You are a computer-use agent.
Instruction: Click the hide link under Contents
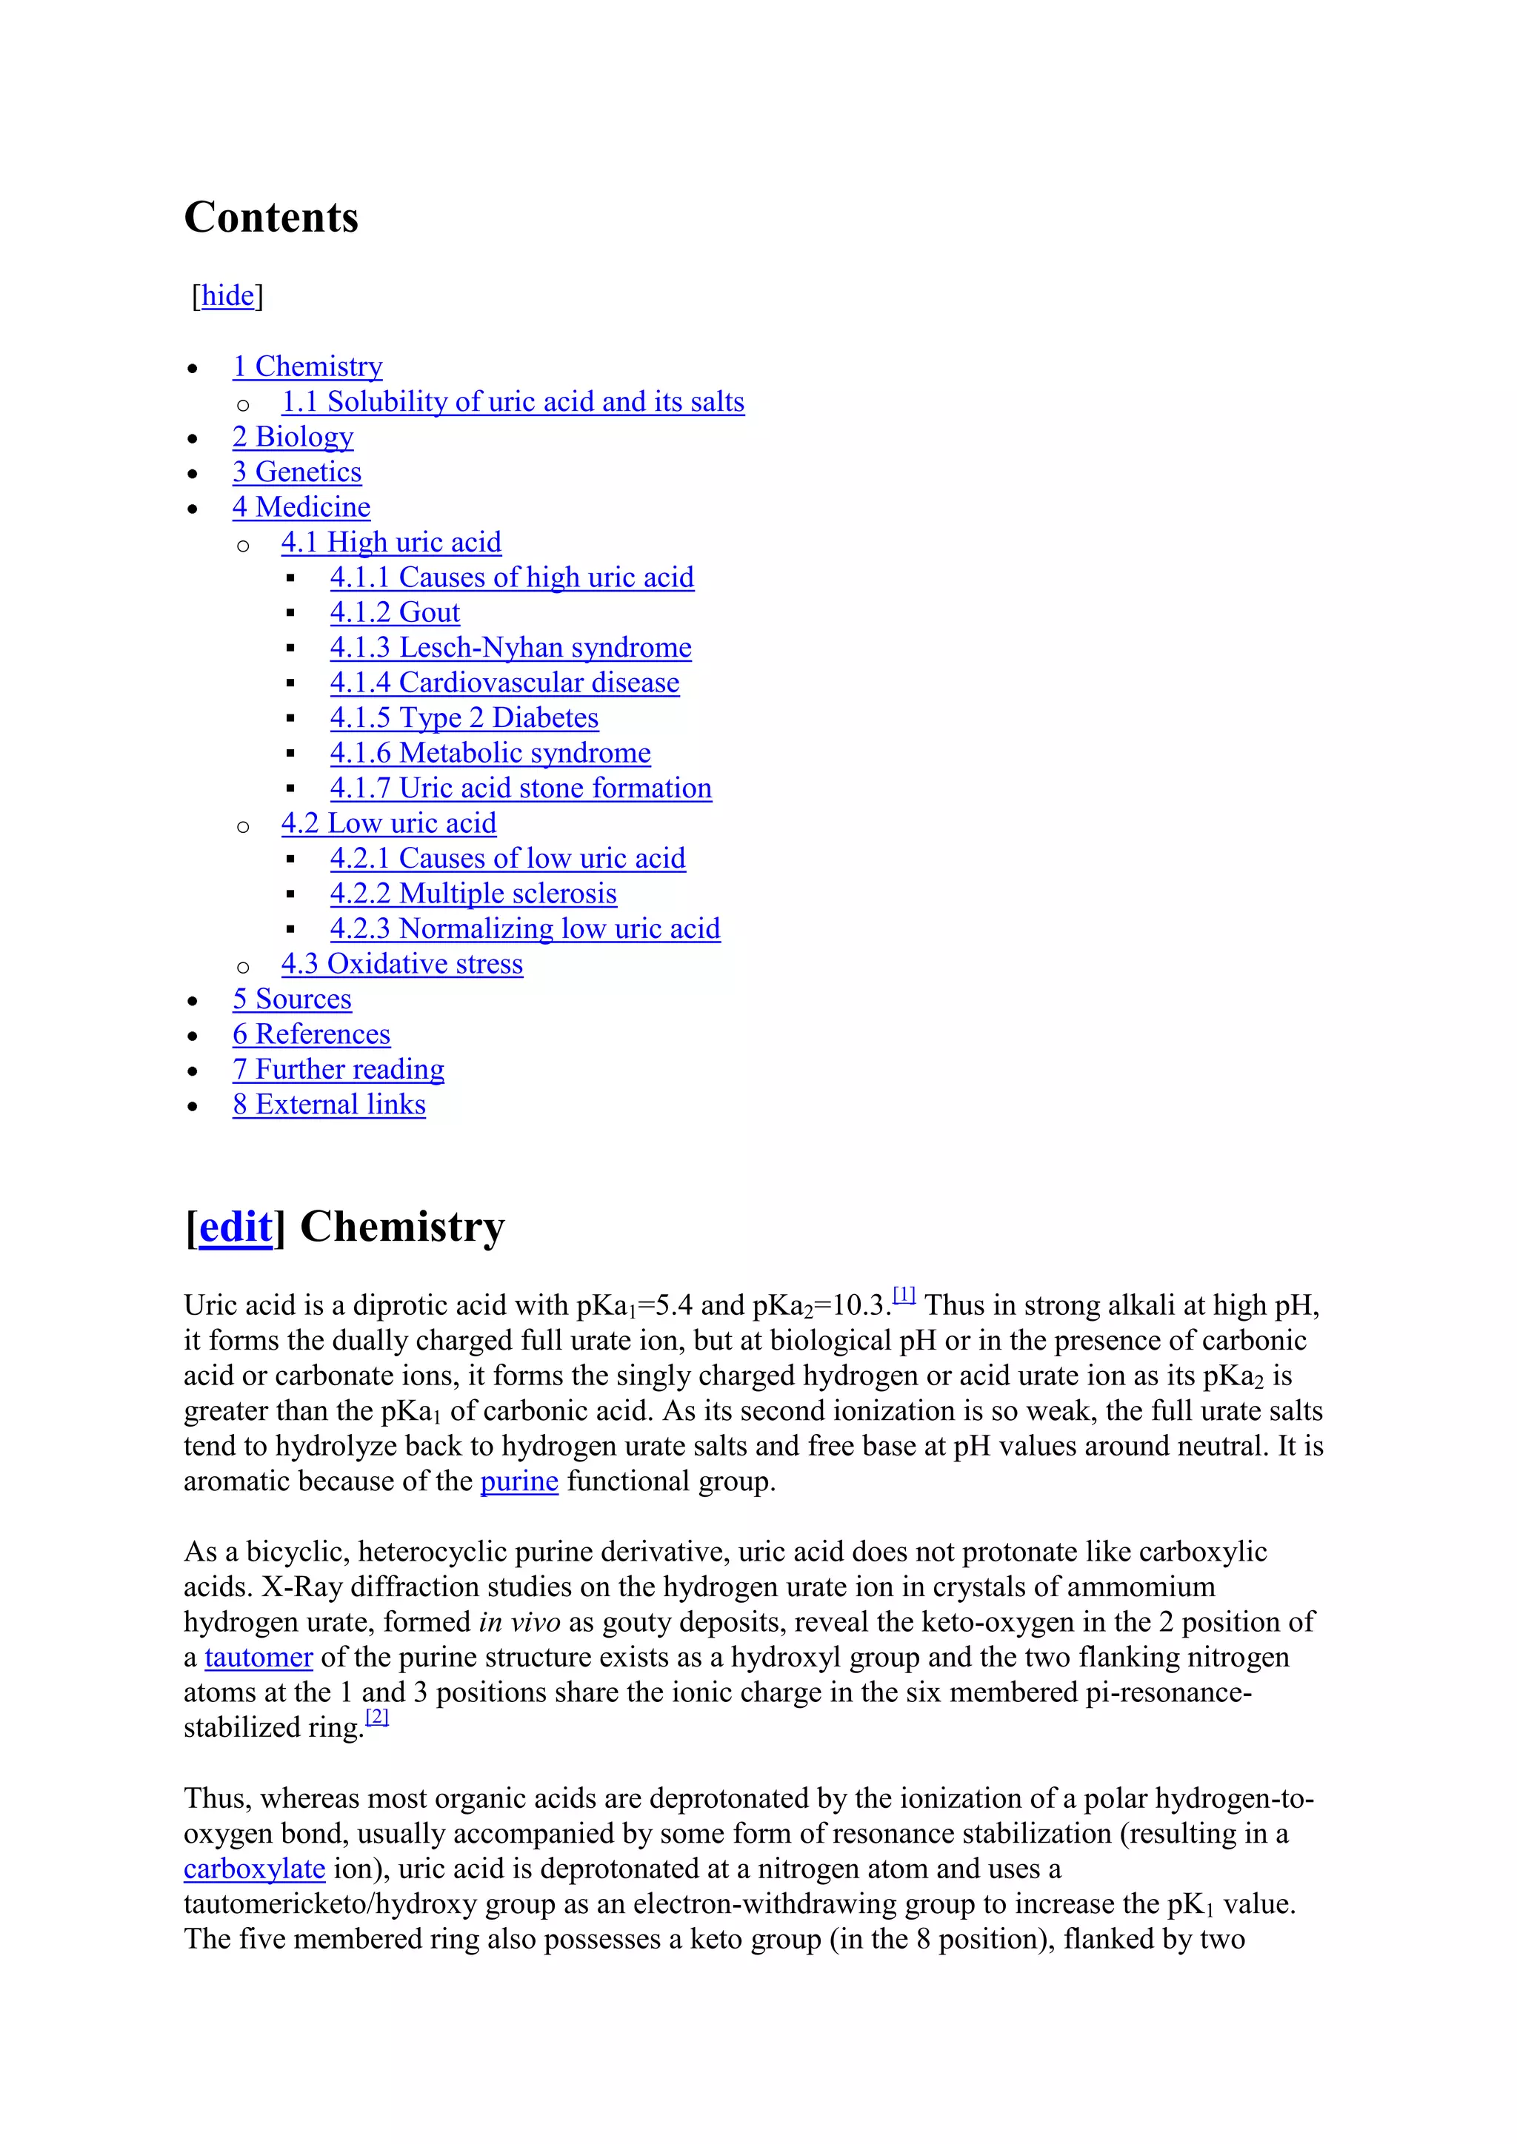click(x=228, y=296)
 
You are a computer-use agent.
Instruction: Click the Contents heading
click(x=271, y=218)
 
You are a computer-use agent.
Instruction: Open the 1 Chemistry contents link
click(x=307, y=367)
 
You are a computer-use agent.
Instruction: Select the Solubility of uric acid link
click(x=513, y=403)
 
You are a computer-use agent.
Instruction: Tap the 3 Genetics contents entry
click(x=297, y=472)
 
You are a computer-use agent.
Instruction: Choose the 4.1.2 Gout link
click(x=394, y=612)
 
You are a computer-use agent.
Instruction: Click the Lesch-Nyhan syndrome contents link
click(x=510, y=648)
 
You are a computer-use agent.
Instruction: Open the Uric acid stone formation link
click(x=520, y=788)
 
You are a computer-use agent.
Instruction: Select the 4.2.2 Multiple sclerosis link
click(x=473, y=894)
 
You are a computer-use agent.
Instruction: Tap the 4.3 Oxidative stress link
click(x=401, y=964)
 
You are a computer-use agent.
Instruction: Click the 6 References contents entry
click(x=311, y=1035)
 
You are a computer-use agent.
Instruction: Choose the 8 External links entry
click(x=329, y=1105)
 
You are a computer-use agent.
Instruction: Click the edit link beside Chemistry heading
click(x=236, y=1227)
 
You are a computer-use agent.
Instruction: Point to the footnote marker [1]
click(x=903, y=1295)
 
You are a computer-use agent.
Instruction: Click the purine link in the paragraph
click(x=519, y=1482)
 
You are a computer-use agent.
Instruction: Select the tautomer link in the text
click(x=258, y=1658)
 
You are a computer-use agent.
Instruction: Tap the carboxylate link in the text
click(x=254, y=1869)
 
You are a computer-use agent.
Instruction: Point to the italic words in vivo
click(x=519, y=1622)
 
